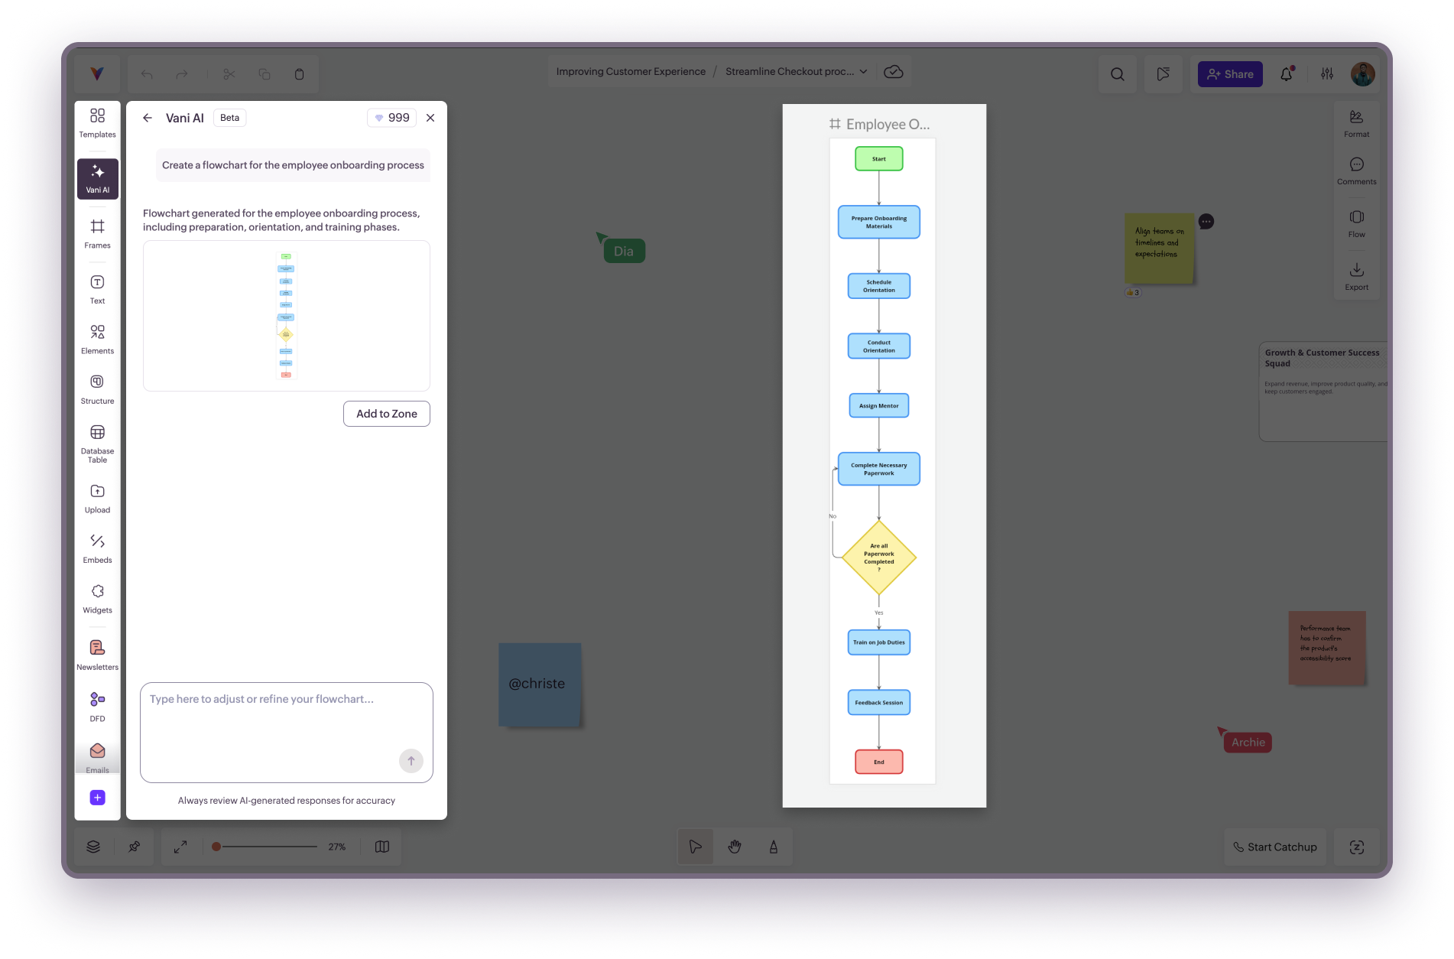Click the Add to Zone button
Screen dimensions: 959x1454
tap(386, 414)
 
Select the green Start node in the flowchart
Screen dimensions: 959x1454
tap(878, 159)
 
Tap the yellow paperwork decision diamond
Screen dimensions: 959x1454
tap(878, 558)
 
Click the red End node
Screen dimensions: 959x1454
tap(878, 762)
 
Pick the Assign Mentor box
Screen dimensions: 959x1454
tap(878, 406)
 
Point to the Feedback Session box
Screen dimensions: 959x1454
tap(878, 703)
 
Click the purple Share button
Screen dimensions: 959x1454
tap(1229, 74)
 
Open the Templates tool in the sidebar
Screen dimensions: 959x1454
tap(97, 122)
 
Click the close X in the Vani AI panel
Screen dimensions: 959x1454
tap(430, 118)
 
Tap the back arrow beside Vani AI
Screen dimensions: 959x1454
tap(148, 118)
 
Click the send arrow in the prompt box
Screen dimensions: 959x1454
tap(411, 761)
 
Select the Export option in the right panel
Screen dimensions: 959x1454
tap(1356, 276)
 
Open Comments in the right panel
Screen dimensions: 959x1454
tap(1356, 171)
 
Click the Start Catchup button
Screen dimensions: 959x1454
tap(1274, 847)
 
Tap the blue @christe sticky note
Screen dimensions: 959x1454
tap(539, 684)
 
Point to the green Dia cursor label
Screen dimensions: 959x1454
tap(624, 252)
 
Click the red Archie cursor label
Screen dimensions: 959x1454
tap(1248, 743)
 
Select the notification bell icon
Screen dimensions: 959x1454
tap(1287, 74)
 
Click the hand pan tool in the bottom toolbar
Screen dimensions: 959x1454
tap(735, 847)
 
